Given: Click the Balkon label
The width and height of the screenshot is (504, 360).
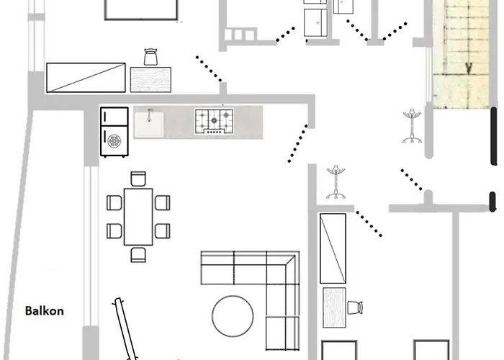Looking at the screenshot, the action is [45, 311].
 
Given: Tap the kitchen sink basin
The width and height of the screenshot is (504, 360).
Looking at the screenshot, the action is [149, 124].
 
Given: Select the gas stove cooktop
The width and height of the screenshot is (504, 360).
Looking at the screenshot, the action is [214, 122].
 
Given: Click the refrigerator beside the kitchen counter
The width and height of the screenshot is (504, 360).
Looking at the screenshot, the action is [114, 132].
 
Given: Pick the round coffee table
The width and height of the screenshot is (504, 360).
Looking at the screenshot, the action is [233, 316].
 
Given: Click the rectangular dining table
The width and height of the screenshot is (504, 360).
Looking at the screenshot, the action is [138, 217].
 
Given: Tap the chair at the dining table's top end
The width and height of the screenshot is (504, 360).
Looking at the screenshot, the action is [138, 179].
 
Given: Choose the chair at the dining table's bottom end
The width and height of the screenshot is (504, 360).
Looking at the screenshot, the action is [138, 255].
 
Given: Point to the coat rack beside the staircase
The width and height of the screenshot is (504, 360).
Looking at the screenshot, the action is [412, 126].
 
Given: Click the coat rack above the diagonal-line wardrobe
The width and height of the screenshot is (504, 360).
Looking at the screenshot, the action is [336, 182].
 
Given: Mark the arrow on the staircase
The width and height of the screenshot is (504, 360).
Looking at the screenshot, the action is [469, 67].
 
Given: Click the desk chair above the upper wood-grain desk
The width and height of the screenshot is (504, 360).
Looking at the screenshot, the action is [150, 57].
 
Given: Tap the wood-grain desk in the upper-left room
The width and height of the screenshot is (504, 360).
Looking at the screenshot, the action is [150, 80].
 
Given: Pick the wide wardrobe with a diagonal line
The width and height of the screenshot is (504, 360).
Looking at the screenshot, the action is [86, 78].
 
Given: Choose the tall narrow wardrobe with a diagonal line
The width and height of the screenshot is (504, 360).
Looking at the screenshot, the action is [333, 248].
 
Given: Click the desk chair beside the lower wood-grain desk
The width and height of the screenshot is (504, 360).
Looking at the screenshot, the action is [355, 307].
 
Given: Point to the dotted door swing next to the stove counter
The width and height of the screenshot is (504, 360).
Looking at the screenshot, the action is [298, 143].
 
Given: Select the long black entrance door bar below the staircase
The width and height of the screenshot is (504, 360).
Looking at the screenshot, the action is [494, 136].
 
